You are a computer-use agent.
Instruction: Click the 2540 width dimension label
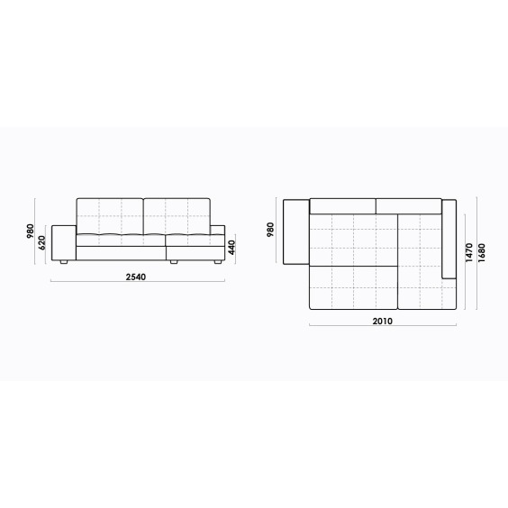point(136,277)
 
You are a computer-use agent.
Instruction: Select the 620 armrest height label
point(42,242)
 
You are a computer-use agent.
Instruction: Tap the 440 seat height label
point(231,248)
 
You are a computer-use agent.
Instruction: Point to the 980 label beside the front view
point(30,231)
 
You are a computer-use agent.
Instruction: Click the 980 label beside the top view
point(270,230)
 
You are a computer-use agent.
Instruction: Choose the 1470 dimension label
point(468,253)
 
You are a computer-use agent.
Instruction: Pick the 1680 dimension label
point(482,253)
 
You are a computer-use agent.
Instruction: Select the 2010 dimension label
point(382,321)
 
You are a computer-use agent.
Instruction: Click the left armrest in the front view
point(64,242)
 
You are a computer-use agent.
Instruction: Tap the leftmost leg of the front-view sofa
point(64,262)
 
